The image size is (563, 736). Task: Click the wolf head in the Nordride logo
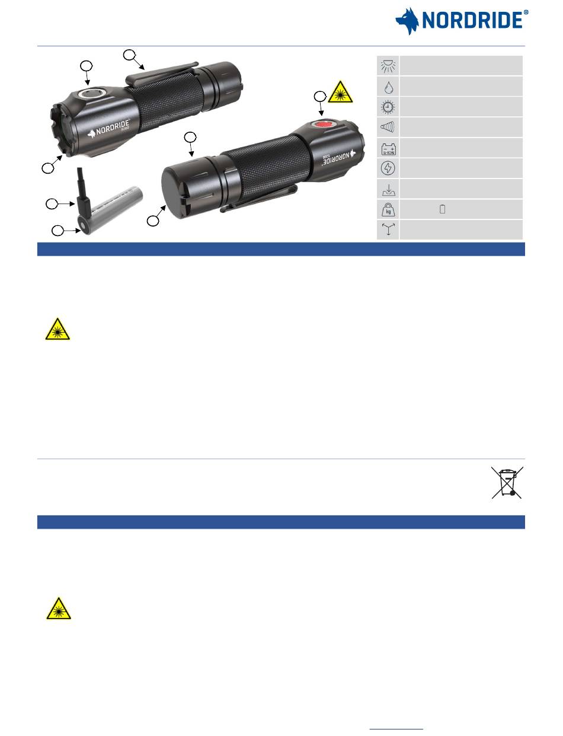(407, 21)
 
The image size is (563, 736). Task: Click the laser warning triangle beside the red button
(340, 92)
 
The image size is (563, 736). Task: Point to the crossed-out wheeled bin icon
(507, 482)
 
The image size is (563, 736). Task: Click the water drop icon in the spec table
(388, 88)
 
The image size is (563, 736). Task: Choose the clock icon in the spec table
(388, 107)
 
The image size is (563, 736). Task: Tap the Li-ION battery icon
(388, 149)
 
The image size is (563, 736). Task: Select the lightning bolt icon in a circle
(388, 168)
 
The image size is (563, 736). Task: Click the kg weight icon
(388, 210)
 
